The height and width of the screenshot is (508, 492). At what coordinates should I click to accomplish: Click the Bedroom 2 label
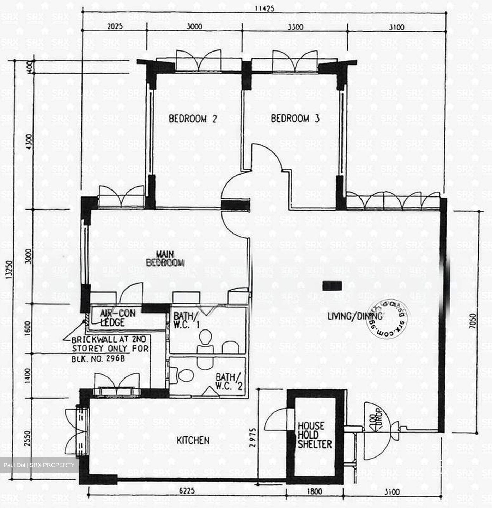(192, 119)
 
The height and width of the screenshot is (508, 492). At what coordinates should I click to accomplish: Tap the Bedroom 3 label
(295, 119)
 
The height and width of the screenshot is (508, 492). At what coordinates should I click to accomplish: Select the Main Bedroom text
(165, 258)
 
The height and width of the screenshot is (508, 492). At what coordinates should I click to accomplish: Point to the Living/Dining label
(355, 316)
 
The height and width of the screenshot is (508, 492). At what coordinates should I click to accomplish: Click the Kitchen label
(193, 440)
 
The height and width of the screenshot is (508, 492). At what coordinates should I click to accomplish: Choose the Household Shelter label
(314, 435)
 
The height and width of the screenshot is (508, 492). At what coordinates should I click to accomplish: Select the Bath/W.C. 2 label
(229, 381)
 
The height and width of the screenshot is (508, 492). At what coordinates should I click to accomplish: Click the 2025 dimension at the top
(115, 26)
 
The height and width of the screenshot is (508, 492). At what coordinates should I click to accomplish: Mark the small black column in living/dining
(332, 285)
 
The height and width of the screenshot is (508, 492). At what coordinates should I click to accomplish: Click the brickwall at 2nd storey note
(110, 349)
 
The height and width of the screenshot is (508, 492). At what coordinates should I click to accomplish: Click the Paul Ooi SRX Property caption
(39, 465)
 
